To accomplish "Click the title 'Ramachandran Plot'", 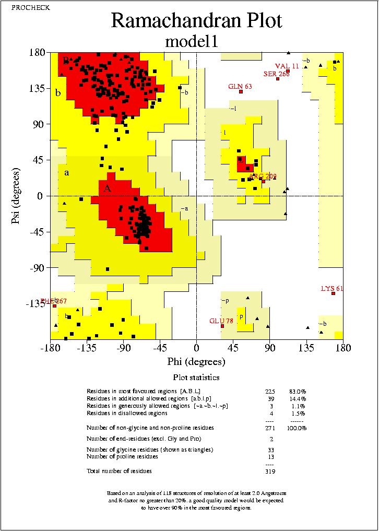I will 196,20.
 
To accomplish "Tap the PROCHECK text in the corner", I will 24,7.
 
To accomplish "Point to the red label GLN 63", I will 240,86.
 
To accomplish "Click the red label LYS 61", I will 333,288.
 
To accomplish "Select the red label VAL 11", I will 287,66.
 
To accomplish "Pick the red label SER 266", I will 276,74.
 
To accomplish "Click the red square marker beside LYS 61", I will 333,293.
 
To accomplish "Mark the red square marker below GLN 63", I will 241,92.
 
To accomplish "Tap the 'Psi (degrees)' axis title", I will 16,196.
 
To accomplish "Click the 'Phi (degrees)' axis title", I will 196,362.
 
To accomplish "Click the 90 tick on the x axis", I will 269,348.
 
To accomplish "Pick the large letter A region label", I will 107,188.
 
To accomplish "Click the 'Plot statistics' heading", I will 196,377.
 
